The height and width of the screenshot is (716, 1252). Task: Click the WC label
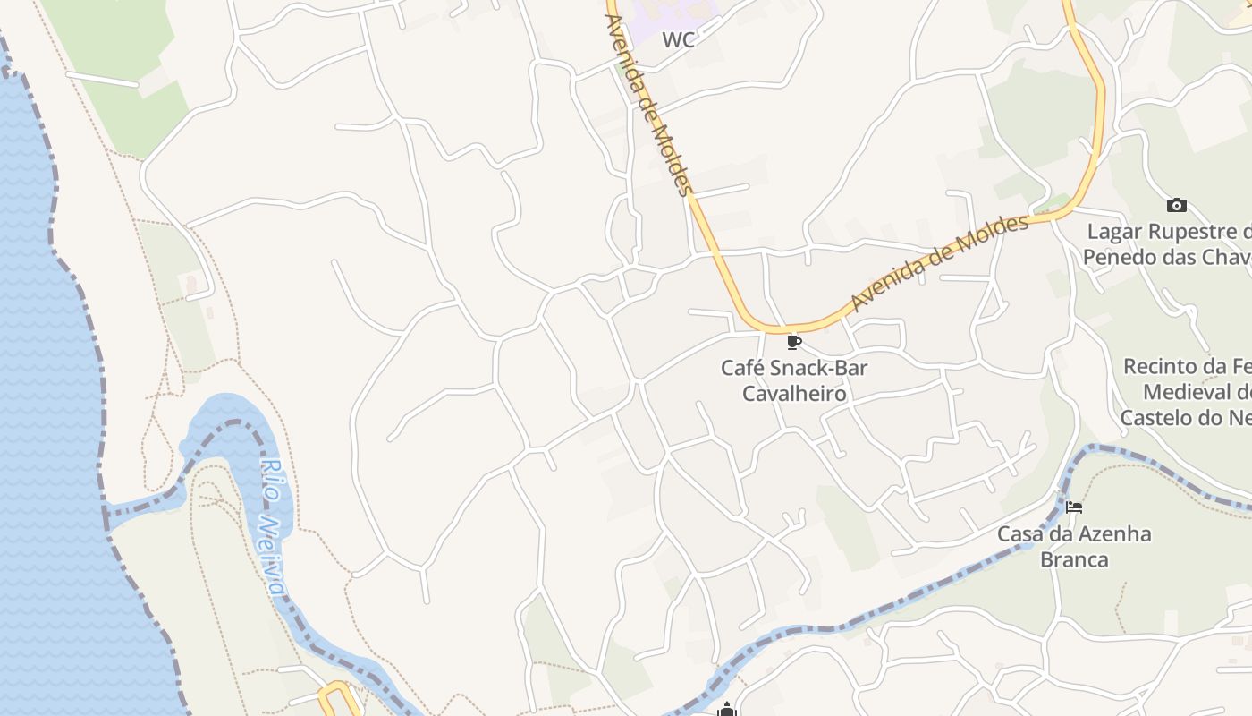(679, 39)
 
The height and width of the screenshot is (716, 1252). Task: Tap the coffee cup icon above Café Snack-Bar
(793, 342)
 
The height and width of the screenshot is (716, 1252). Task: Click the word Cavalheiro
(794, 393)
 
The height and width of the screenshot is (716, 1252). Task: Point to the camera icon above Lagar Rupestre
(1177, 206)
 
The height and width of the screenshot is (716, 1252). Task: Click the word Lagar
(1114, 233)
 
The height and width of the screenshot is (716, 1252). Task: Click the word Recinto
(1160, 366)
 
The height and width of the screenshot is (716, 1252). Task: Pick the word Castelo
(1156, 417)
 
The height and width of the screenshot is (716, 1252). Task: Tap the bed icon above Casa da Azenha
(1074, 507)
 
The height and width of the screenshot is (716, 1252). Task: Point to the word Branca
(1074, 560)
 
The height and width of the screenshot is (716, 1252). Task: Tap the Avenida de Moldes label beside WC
(648, 105)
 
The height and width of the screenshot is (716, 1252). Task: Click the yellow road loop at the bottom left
(339, 697)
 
